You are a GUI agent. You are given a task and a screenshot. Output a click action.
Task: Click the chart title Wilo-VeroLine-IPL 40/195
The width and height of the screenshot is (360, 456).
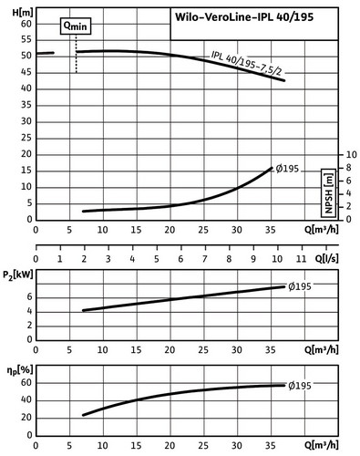(244, 17)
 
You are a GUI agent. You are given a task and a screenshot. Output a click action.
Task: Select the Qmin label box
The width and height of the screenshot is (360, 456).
(76, 26)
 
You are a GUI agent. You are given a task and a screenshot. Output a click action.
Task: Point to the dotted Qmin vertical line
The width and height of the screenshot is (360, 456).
(77, 54)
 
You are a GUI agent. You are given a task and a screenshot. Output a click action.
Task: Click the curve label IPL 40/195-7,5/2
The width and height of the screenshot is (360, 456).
(247, 63)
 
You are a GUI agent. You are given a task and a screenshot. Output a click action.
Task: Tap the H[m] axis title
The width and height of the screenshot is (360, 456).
(23, 13)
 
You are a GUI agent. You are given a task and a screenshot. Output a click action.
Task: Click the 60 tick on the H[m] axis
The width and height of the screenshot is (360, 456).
(26, 24)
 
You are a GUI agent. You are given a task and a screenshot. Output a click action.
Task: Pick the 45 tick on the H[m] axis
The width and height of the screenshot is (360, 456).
(26, 72)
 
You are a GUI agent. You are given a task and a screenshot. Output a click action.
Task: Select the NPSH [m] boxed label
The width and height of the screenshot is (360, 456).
(328, 193)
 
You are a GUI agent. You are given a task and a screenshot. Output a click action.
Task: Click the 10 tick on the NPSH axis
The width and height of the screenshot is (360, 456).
(351, 154)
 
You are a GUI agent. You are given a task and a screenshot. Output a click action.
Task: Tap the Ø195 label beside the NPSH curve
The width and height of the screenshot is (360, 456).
(287, 169)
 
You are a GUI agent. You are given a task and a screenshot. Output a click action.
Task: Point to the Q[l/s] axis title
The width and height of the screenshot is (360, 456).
(326, 259)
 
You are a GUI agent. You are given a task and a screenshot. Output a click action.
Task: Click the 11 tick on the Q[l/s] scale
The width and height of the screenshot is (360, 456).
(301, 259)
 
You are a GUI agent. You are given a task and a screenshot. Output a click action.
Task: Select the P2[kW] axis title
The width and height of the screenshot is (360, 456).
(17, 275)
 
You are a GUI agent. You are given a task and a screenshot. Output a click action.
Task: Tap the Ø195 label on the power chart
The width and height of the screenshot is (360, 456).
(300, 286)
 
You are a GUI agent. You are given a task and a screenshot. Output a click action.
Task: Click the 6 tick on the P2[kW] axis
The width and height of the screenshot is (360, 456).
(29, 297)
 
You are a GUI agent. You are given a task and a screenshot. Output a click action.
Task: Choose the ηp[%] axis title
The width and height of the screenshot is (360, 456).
(19, 371)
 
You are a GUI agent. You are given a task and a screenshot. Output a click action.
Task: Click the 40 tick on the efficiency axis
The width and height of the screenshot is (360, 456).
(26, 399)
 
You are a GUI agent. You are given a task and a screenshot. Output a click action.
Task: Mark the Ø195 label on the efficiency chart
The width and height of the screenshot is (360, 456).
(300, 386)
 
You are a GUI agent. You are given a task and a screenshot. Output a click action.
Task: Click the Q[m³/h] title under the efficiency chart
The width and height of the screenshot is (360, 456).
(322, 445)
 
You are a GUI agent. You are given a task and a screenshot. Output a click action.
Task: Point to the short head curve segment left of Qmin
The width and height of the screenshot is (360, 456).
(45, 53)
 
